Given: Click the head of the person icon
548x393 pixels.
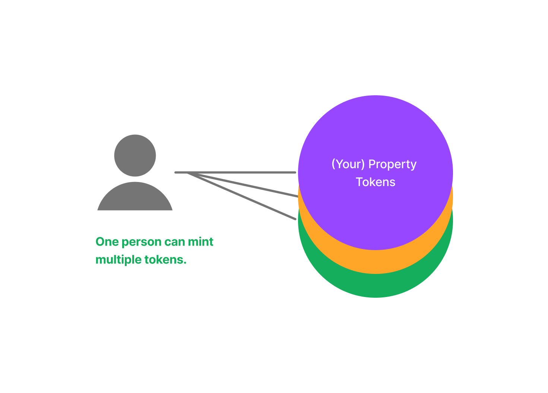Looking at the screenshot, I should click(135, 156).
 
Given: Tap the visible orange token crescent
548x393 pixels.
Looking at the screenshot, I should click(376, 262).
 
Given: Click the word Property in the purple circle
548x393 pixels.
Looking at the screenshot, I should click(392, 164).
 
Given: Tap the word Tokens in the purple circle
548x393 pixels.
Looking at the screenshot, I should click(376, 182).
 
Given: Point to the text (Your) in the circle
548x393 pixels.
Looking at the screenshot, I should click(348, 164).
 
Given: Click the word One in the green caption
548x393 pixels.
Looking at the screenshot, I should click(107, 242).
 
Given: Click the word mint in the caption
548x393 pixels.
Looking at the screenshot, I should click(201, 242).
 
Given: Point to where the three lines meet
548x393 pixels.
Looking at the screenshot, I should click(187, 173).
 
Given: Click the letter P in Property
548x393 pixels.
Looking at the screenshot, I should click(372, 164).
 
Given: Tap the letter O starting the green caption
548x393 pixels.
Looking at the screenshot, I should click(100, 242).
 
